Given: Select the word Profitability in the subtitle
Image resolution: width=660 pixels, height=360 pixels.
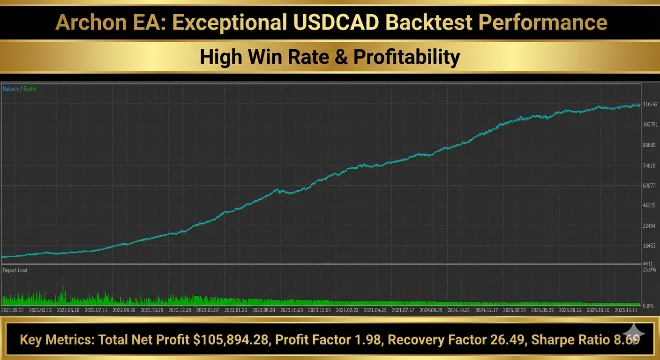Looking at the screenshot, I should (406, 57).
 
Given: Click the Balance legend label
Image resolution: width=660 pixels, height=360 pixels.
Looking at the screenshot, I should (11, 89).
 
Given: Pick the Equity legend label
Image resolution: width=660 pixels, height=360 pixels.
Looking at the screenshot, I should (30, 89).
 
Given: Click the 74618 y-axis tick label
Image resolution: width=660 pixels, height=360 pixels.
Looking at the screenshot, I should (649, 165).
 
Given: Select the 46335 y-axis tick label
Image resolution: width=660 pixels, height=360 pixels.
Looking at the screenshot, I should (649, 205).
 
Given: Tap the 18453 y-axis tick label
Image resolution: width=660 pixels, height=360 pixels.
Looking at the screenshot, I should (649, 246).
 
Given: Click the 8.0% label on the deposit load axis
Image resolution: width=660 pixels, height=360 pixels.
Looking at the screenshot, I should (648, 306).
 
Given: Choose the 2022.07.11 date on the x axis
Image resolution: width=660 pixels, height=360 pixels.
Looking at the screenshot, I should (97, 310).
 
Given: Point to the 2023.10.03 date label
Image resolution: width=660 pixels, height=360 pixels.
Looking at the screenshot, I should (292, 310).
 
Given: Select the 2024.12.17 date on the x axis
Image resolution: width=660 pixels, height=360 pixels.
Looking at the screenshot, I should (488, 310).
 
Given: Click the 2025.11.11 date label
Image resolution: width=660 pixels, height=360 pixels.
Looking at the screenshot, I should (626, 310).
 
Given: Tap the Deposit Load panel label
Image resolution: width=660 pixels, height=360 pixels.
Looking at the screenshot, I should (15, 270).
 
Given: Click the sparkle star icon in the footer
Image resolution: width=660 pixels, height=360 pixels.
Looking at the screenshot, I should (633, 333).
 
